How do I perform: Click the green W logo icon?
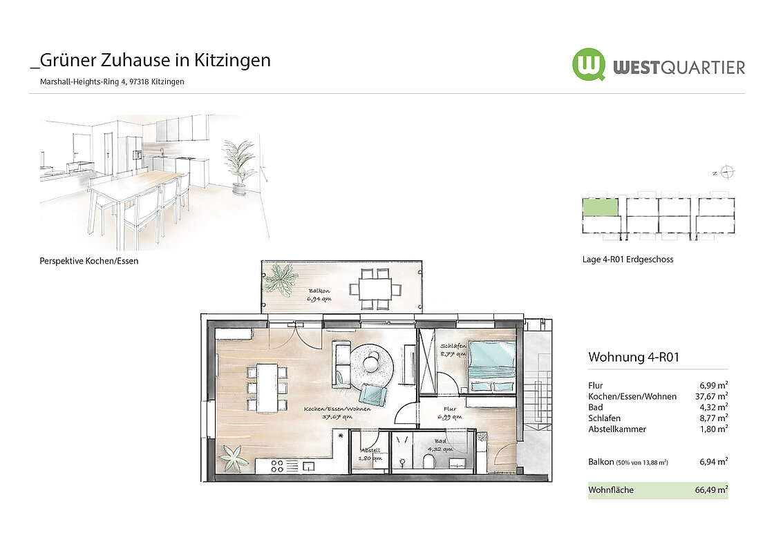tap(588, 64)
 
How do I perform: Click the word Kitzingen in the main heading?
tap(232, 60)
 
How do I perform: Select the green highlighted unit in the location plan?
tap(601, 207)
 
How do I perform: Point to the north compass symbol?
tap(726, 172)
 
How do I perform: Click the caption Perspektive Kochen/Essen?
tap(89, 261)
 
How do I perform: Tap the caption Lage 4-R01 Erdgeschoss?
tap(628, 260)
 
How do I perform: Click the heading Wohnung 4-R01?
tap(634, 357)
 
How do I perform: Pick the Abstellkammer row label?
tap(617, 429)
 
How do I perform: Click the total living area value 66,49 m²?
tap(711, 490)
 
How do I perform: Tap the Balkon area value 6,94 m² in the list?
tap(714, 462)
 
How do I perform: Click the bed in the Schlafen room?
tap(491, 367)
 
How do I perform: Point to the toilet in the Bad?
tap(429, 460)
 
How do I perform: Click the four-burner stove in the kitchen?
tap(277, 466)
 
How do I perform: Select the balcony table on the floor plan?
tap(375, 289)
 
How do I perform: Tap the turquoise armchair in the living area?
tap(372, 393)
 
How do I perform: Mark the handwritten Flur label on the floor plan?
tap(450, 409)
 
